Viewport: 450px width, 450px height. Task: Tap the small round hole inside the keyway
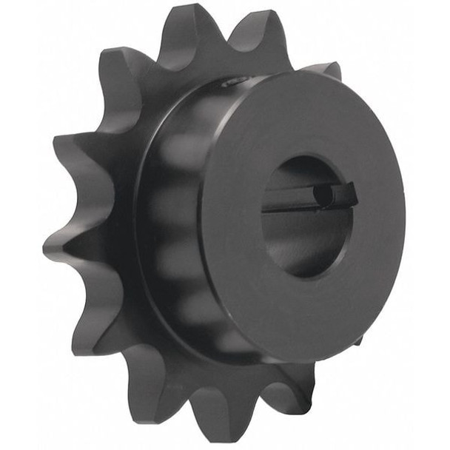(x=323, y=195)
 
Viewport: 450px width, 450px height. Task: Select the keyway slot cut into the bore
(x=311, y=198)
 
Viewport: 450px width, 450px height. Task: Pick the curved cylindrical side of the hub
(x=178, y=222)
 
